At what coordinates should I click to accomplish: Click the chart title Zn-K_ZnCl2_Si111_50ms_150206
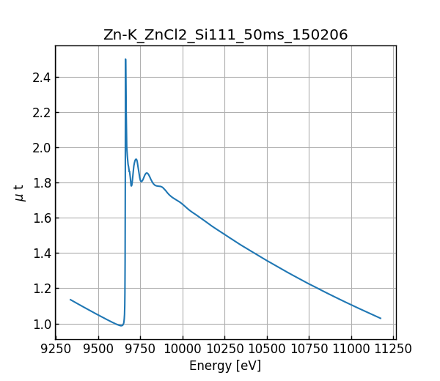[x=225, y=35]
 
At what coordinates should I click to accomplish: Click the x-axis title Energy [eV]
[x=225, y=366]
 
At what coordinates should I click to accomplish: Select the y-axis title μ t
[x=19, y=193]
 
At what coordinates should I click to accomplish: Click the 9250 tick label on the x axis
[x=56, y=349]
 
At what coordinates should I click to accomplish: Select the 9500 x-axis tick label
[x=98, y=349]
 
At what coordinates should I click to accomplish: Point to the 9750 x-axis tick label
[x=140, y=349]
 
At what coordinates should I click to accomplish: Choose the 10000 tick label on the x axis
[x=183, y=349]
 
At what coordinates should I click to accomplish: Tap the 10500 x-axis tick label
[x=267, y=349]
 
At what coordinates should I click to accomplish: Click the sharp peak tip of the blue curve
[x=125, y=60]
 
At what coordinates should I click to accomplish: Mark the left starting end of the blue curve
[x=70, y=300]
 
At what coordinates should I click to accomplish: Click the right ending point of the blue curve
[x=381, y=318]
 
